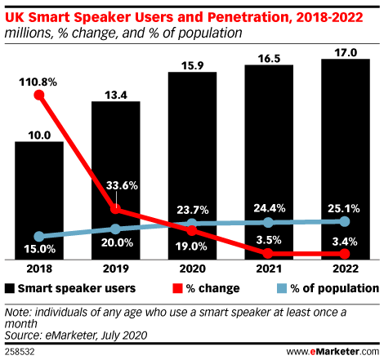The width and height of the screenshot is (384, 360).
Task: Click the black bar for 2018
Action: pyautogui.click(x=39, y=201)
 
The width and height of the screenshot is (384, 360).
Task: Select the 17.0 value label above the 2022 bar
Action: pyautogui.click(x=346, y=52)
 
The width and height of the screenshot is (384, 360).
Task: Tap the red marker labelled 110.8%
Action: pyautogui.click(x=39, y=96)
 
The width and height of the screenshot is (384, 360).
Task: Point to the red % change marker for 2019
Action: pyautogui.click(x=116, y=209)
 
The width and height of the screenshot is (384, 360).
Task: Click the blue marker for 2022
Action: pyautogui.click(x=345, y=222)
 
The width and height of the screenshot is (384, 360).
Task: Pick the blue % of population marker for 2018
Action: pyautogui.click(x=39, y=236)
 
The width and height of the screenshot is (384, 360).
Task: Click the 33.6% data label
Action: pyautogui.click(x=122, y=185)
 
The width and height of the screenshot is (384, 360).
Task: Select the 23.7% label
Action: pyautogui.click(x=193, y=210)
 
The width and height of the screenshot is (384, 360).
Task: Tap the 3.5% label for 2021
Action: pyautogui.click(x=269, y=240)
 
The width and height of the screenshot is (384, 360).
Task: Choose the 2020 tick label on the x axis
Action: pyautogui.click(x=192, y=269)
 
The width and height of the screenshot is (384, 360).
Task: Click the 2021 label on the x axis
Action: pyautogui.click(x=269, y=269)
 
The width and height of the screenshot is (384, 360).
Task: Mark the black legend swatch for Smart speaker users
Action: pyautogui.click(x=10, y=288)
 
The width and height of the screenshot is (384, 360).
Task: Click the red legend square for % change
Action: pyautogui.click(x=177, y=288)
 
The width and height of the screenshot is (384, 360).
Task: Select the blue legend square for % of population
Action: pyautogui.click(x=282, y=288)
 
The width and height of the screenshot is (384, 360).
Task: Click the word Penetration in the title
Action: pyautogui.click(x=248, y=17)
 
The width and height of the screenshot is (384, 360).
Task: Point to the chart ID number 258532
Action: pyautogui.click(x=20, y=352)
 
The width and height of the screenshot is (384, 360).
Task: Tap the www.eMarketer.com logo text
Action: pyautogui.click(x=333, y=352)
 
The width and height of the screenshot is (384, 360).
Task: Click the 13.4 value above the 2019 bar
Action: pyautogui.click(x=116, y=96)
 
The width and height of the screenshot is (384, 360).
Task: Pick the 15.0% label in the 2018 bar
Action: pyautogui.click(x=40, y=249)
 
